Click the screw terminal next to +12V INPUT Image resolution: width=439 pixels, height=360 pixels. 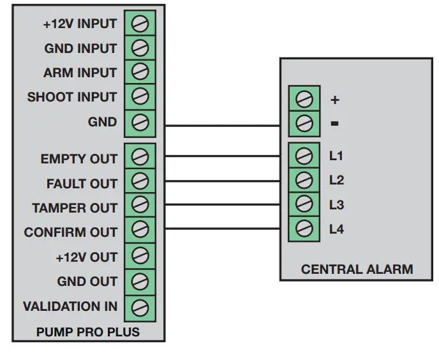pyautogui.click(x=140, y=24)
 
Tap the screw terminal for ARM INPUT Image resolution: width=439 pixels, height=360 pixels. pyautogui.click(x=140, y=71)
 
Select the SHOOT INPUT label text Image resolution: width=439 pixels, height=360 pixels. pyautogui.click(x=71, y=97)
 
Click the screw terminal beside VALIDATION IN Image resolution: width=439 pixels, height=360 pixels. pyautogui.click(x=140, y=308)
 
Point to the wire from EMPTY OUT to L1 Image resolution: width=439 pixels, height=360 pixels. pyautogui.click(x=223, y=156)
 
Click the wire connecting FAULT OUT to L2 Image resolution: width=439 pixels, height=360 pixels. pyautogui.click(x=223, y=181)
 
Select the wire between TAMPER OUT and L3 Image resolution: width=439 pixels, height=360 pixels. pyautogui.click(x=223, y=205)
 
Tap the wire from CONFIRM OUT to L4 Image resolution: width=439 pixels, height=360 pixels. pyautogui.click(x=223, y=229)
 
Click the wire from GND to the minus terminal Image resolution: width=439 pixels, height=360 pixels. pyautogui.click(x=223, y=126)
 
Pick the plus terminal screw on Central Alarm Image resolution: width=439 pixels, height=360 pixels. pyautogui.click(x=304, y=99)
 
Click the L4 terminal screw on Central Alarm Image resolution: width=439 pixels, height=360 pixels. pyautogui.click(x=304, y=229)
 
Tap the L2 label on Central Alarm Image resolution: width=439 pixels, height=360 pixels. pyautogui.click(x=336, y=180)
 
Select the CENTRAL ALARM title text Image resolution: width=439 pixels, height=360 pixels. pyautogui.click(x=357, y=269)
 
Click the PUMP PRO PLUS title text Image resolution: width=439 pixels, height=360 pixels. pyautogui.click(x=88, y=332)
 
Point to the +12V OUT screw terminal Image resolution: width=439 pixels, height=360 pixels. pyautogui.click(x=140, y=256)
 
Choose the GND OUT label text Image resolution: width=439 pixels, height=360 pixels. pyautogui.click(x=87, y=281)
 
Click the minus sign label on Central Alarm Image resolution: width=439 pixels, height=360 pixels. pyautogui.click(x=334, y=123)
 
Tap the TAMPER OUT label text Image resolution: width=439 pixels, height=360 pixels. pyautogui.click(x=75, y=208)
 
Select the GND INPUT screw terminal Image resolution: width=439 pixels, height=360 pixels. pyautogui.click(x=140, y=48)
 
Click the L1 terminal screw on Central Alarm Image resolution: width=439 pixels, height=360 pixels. pyautogui.click(x=304, y=156)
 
